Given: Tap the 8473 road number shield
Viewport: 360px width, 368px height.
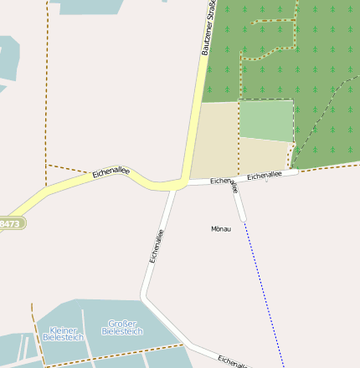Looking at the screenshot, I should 11,224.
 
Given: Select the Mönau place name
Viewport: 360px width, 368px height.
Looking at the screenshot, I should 221,228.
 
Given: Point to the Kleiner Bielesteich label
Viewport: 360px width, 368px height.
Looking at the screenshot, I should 63,334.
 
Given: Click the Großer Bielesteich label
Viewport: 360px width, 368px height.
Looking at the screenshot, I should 122,327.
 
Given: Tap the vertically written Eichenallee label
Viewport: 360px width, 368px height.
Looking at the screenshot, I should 156,247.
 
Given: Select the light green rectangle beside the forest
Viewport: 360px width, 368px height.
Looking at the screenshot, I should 266,120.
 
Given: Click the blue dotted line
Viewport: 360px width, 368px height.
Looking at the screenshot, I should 263,293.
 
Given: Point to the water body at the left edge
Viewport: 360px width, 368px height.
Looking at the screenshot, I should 8,59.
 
